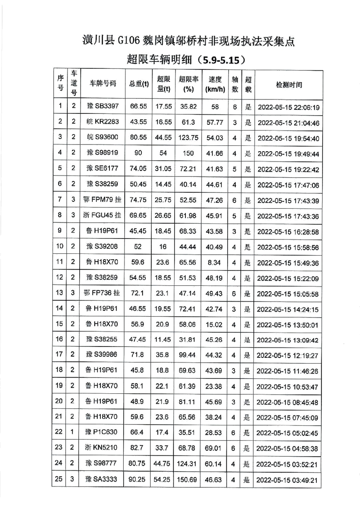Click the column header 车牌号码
click(103, 84)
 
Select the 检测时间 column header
click(289, 84)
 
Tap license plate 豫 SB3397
click(103, 107)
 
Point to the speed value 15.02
click(215, 324)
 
